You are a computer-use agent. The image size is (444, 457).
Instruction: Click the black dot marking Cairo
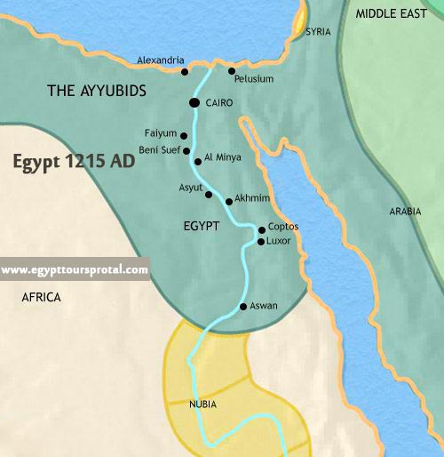tap(194, 104)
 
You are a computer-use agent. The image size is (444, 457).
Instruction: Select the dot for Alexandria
tap(185, 71)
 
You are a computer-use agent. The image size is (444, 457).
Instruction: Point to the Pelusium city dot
tap(232, 70)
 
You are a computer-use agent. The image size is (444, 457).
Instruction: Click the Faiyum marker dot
tap(184, 136)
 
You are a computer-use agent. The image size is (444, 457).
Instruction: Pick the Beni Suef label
tap(161, 150)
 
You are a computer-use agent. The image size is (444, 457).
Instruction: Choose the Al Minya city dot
tap(197, 162)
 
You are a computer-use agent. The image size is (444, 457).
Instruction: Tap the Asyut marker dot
tap(209, 194)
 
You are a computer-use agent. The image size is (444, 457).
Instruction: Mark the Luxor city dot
tap(260, 241)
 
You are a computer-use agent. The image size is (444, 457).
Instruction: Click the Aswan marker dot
tap(243, 307)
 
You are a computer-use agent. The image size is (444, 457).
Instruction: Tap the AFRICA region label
tap(41, 298)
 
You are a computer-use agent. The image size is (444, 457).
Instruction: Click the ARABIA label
tap(405, 211)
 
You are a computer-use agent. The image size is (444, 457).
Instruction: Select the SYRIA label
tap(318, 32)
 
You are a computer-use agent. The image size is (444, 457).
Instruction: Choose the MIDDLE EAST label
tap(392, 13)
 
